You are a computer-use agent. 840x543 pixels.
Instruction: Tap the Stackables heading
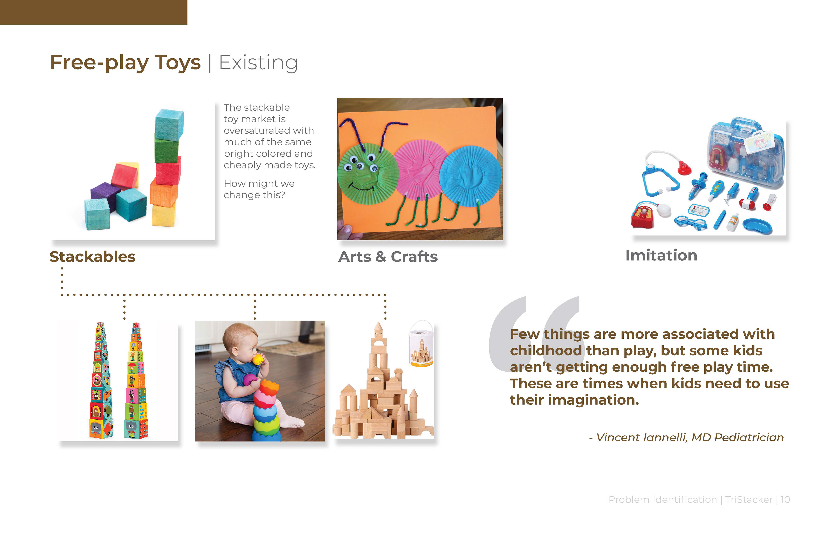point(93,257)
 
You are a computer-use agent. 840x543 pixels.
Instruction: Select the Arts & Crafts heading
point(388,257)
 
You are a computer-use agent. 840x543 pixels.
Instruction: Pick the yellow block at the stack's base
point(164,215)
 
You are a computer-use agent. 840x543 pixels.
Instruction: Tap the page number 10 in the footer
point(785,500)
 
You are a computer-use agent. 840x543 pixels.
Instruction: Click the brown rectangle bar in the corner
point(94,12)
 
